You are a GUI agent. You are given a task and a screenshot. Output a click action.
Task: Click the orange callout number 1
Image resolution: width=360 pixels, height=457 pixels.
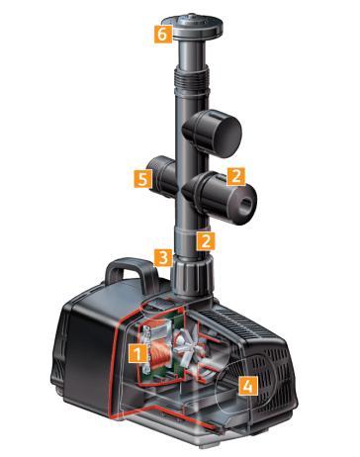137,353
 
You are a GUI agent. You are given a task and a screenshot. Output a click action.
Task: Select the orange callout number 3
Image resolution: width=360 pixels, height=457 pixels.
163,257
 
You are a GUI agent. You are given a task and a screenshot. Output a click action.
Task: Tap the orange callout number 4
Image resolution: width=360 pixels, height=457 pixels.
248,386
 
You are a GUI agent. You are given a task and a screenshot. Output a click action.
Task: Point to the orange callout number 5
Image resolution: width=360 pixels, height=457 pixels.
142,179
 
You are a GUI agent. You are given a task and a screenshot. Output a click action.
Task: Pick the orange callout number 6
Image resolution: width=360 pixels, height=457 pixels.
163,34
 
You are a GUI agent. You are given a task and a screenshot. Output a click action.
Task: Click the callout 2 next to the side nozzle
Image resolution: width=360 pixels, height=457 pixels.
236,176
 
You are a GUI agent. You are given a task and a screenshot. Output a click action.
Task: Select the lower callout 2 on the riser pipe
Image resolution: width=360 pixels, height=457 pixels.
206,240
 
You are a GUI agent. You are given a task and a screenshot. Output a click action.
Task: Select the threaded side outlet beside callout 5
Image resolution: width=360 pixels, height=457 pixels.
162,177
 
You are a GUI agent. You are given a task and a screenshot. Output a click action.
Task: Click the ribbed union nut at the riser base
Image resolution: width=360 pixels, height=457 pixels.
191,277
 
